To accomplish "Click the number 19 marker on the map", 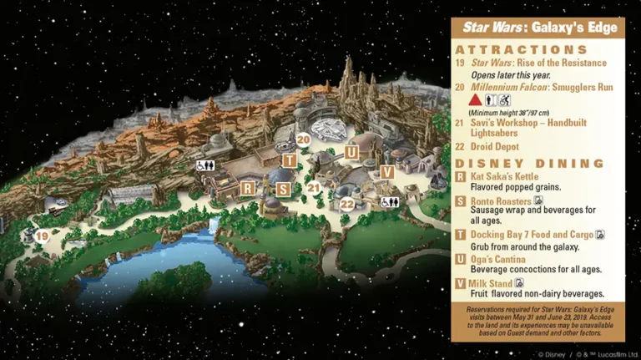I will [x=42, y=236].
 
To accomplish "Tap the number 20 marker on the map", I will [x=303, y=140].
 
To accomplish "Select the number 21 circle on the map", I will [x=313, y=188].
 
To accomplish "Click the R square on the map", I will [x=247, y=188].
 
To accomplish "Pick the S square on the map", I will [x=283, y=189].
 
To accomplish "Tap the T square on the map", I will [x=289, y=160].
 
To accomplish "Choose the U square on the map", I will [x=352, y=152].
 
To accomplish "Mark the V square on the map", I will [x=386, y=171].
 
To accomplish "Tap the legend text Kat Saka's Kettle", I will [x=505, y=177].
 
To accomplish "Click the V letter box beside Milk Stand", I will [x=461, y=283].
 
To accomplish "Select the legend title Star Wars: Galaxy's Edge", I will [x=538, y=27].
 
